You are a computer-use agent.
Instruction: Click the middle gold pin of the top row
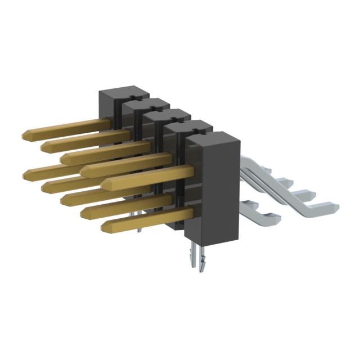coord(65,157)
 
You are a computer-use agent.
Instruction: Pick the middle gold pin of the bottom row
coord(65,198)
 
